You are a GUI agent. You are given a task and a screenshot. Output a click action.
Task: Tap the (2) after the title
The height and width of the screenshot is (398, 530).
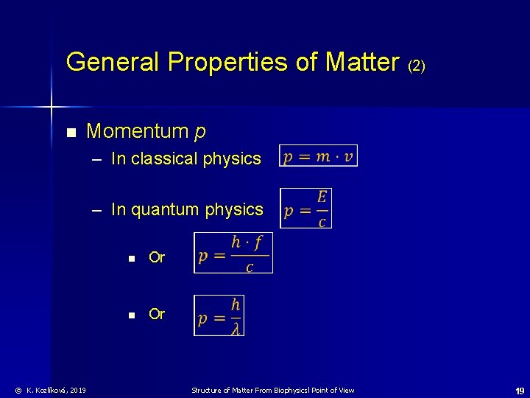pos(416,66)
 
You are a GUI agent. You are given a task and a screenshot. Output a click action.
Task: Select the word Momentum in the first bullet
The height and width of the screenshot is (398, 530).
pos(138,132)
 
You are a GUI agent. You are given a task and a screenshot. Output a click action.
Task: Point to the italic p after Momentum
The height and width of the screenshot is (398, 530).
pos(200,133)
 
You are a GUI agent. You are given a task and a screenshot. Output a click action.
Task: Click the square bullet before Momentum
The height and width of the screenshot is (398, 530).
pos(71,133)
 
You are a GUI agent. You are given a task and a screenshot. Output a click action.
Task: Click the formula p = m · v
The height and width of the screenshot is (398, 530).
pos(318,156)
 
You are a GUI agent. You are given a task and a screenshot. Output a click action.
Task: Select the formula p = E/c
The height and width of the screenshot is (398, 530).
pos(306,209)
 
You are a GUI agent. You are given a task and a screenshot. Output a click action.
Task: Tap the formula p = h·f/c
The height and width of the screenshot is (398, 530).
pos(233,253)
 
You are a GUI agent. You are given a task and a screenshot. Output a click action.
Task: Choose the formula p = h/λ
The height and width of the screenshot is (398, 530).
pos(219,315)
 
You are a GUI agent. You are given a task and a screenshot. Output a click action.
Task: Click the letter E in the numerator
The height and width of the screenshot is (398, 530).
pos(322,197)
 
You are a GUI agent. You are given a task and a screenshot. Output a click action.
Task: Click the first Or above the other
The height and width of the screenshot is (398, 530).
pos(157,257)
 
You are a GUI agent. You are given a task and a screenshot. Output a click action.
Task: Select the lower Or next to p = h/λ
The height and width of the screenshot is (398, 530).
pos(157,314)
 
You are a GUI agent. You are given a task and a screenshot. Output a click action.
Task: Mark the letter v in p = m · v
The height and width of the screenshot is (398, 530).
pos(349,156)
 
